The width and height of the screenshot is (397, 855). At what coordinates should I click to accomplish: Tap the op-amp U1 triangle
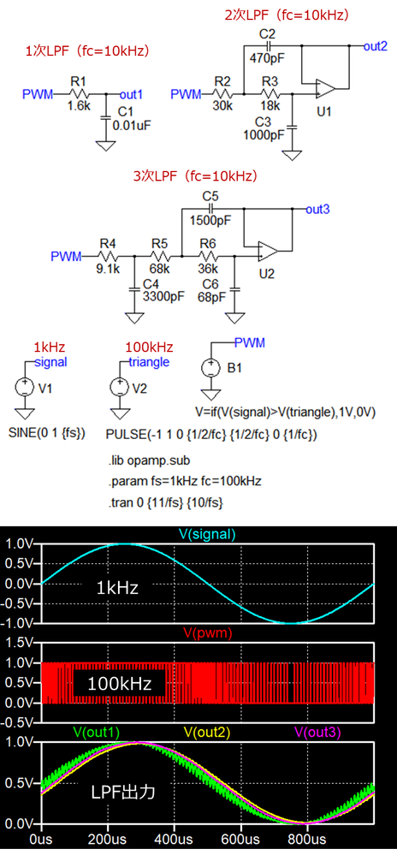(326, 88)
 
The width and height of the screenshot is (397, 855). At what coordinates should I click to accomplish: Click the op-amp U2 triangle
(269, 251)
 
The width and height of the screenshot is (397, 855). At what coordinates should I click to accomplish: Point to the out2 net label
(376, 46)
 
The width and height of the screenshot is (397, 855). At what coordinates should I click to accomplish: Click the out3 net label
(317, 209)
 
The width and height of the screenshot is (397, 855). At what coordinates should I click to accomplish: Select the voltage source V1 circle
(25, 388)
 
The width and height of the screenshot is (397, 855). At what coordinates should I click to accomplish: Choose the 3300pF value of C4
(163, 296)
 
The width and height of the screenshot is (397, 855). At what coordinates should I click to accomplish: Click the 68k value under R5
(160, 270)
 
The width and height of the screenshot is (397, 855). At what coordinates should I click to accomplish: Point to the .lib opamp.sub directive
(149, 460)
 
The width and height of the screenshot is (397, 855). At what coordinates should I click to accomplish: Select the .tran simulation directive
(165, 502)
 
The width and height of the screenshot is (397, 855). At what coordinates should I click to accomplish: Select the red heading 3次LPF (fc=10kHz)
(195, 176)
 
